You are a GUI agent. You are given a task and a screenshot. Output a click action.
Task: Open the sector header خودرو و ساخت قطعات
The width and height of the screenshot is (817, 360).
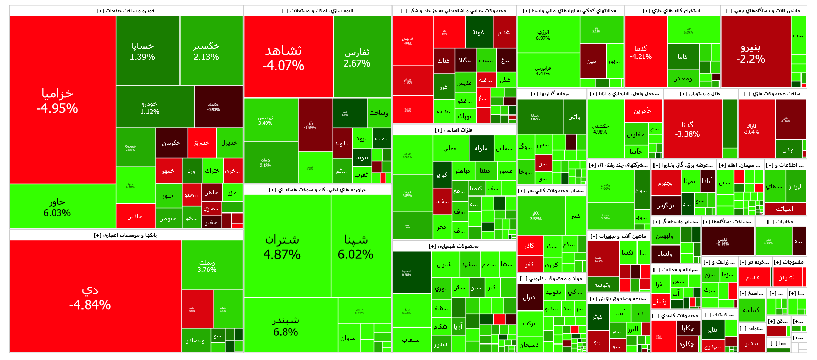pos(126,11)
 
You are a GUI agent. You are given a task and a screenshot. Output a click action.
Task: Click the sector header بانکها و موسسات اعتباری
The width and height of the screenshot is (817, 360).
pos(126,235)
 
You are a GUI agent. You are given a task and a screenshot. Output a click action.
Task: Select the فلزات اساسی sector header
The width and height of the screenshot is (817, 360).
pos(454,130)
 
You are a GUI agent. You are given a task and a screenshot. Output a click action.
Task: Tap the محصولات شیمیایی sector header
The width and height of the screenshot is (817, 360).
pos(454,246)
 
